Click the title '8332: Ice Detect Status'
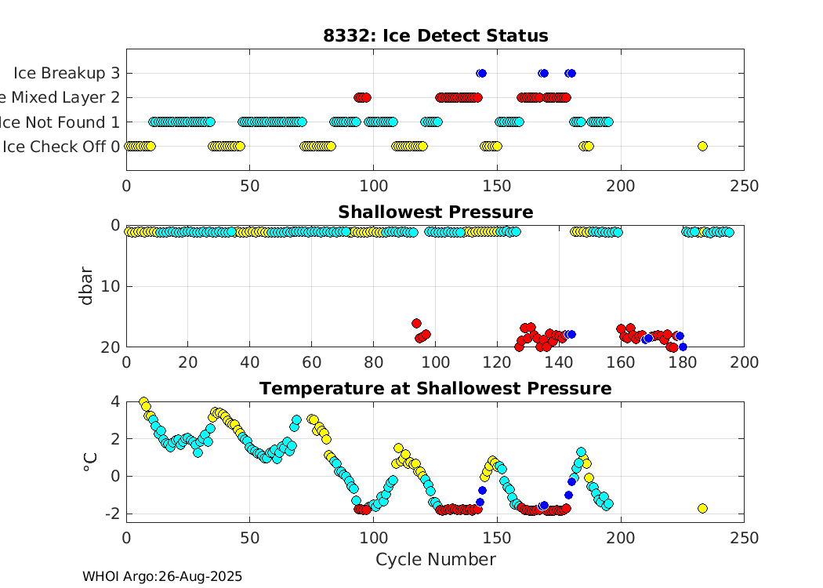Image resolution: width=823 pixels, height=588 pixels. pyautogui.click(x=435, y=35)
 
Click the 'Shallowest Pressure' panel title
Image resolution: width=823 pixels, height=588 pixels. pyautogui.click(x=435, y=212)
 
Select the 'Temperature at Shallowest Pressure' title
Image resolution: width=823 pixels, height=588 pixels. pyautogui.click(x=435, y=388)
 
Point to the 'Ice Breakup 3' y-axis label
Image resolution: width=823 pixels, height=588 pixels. pyautogui.click(x=67, y=73)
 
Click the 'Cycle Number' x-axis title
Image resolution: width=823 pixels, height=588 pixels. pyautogui.click(x=435, y=559)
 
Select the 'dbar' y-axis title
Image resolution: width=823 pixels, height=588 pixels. pyautogui.click(x=88, y=285)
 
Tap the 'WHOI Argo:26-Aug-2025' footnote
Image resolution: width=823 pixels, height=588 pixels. pyautogui.click(x=162, y=576)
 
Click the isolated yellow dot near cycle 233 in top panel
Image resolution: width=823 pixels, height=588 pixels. pyautogui.click(x=702, y=146)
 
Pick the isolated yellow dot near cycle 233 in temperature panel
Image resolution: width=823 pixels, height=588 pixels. pyautogui.click(x=702, y=508)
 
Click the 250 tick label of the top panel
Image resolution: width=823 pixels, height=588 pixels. pyautogui.click(x=743, y=186)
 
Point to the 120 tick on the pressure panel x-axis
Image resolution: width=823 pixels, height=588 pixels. pyautogui.click(x=497, y=362)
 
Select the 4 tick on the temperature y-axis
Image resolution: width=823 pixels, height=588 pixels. pyautogui.click(x=115, y=401)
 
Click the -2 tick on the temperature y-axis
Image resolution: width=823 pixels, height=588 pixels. pyautogui.click(x=112, y=514)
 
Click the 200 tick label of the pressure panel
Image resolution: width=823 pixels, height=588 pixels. pyautogui.click(x=743, y=362)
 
